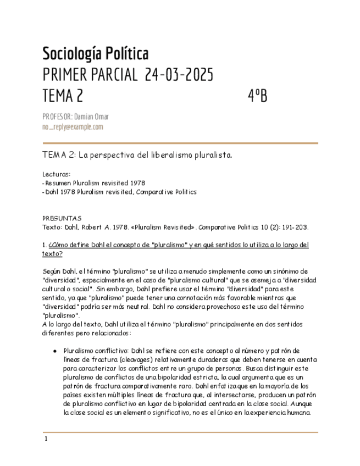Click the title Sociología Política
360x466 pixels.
(x=95, y=54)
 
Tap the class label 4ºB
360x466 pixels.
(x=257, y=96)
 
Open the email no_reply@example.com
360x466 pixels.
(x=73, y=127)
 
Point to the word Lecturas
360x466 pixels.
(x=56, y=174)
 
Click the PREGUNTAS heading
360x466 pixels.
(x=62, y=218)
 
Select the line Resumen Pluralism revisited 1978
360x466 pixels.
(x=95, y=183)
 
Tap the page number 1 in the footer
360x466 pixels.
(x=46, y=439)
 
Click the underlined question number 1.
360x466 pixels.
(x=44, y=245)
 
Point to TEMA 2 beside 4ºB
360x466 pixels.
(x=63, y=96)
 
